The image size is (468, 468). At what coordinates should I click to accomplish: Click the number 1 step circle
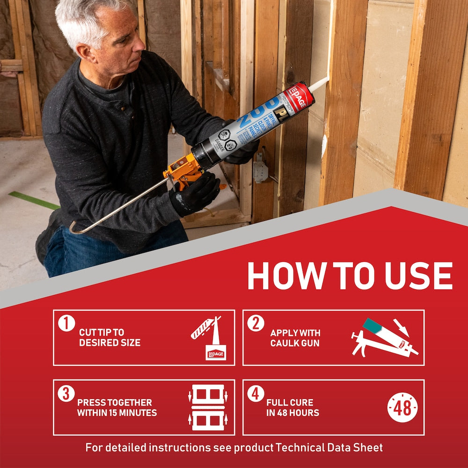[67, 323]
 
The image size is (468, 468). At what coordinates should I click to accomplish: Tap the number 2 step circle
[256, 323]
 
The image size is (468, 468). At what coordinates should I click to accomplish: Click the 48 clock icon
[402, 408]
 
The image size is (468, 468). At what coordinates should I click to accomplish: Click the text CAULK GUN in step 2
[295, 343]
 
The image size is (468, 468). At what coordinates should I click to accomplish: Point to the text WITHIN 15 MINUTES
[117, 413]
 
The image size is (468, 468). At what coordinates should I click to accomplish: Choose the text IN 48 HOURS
[292, 413]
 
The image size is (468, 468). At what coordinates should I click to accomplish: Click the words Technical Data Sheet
[329, 447]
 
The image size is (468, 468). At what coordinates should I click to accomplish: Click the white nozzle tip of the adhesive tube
[319, 83]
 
